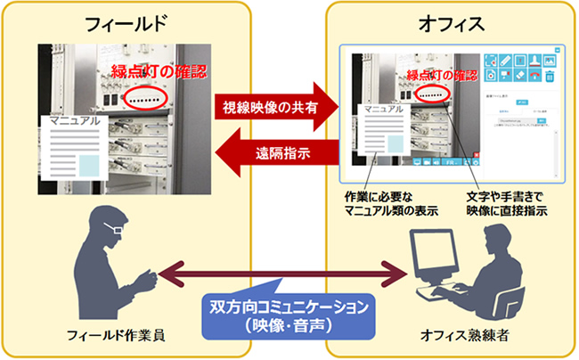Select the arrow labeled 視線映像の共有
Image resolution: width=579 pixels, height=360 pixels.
tap(272, 109)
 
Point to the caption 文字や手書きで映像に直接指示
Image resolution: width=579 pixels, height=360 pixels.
tap(505, 202)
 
